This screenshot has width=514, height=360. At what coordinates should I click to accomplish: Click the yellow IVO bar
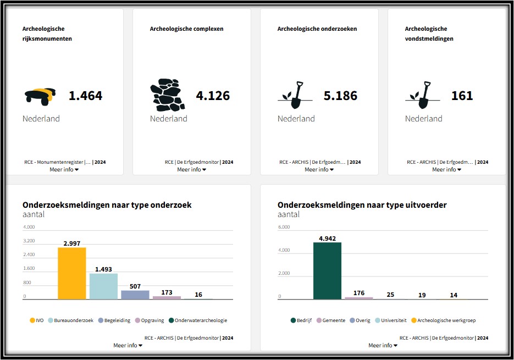point(71,273)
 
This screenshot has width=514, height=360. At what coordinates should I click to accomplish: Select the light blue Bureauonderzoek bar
point(103,286)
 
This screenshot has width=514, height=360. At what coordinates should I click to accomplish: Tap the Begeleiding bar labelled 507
point(135,295)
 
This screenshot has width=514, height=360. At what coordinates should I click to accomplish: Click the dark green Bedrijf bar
point(327,270)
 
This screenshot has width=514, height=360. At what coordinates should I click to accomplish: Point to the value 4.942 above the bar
point(327,238)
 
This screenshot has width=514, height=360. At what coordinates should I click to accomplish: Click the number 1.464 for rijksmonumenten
point(85,96)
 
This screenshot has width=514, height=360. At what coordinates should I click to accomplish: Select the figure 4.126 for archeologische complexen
point(213,96)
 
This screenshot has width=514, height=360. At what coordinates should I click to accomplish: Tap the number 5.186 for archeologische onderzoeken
point(340,96)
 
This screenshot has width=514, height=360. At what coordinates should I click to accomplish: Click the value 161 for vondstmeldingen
point(462,96)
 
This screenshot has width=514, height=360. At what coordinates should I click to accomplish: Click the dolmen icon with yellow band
point(40,96)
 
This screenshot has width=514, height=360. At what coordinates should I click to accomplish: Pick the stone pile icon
point(168,95)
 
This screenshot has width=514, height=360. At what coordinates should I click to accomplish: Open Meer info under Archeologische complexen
point(191,169)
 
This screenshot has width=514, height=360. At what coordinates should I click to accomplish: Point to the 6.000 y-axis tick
point(284,227)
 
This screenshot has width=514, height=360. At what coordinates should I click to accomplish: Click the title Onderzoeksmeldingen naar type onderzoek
point(107,205)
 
